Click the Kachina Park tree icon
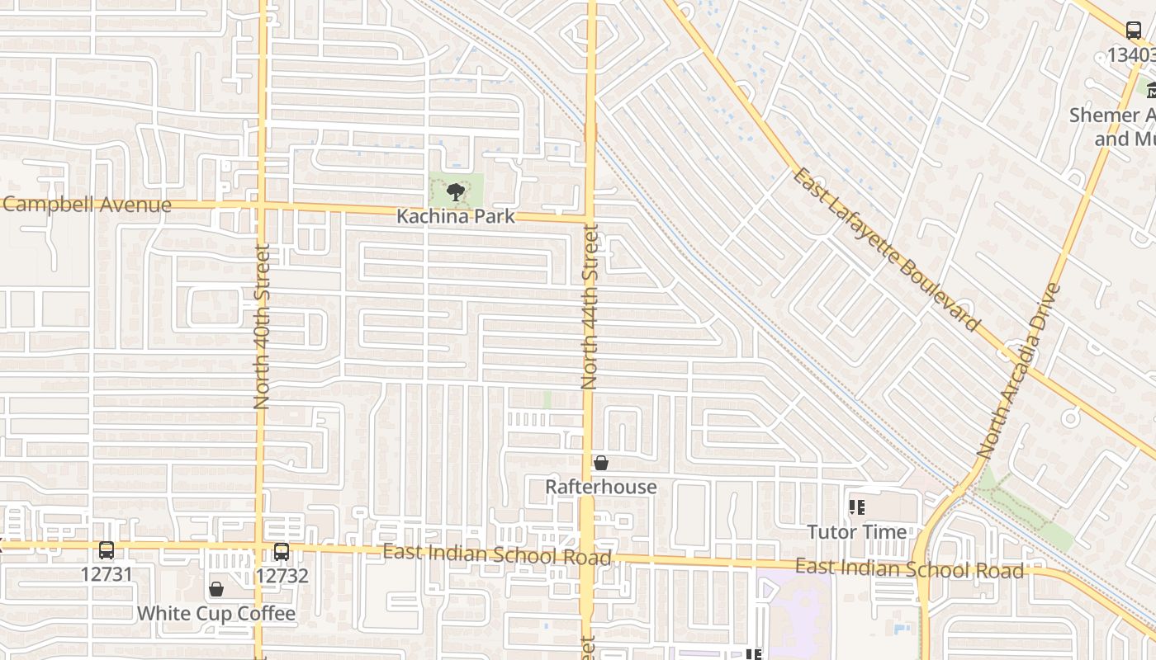tap(455, 193)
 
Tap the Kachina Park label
tap(455, 216)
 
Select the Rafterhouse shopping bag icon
tap(601, 463)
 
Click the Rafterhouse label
tap(601, 487)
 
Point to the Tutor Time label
tap(857, 531)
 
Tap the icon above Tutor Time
tap(857, 507)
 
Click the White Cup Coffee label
tap(216, 614)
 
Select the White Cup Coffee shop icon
tap(216, 589)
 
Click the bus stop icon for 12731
tap(107, 550)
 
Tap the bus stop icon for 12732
tap(282, 551)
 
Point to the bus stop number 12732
tap(282, 575)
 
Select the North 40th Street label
tap(262, 328)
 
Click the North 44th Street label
tap(590, 307)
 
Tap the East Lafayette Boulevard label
tap(887, 249)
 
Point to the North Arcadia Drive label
tap(1017, 371)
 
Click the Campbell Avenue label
tap(86, 205)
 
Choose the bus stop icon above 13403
tap(1134, 31)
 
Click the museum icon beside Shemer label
tap(1150, 89)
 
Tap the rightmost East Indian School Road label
tap(909, 568)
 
